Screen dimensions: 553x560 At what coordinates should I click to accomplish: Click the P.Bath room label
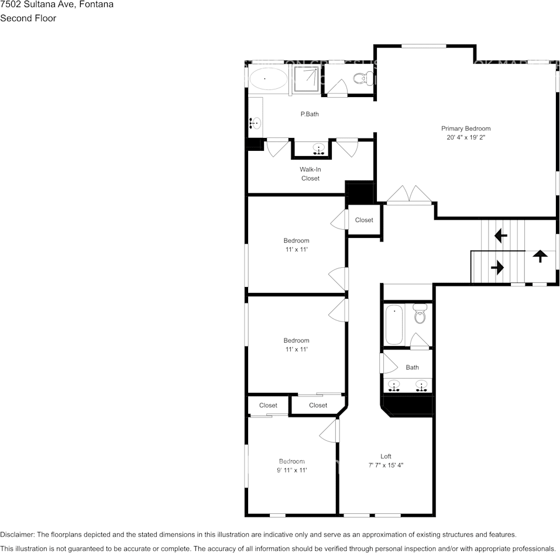click(x=310, y=115)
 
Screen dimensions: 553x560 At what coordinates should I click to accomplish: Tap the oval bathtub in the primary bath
click(x=268, y=78)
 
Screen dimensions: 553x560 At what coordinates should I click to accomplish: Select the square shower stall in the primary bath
click(x=306, y=78)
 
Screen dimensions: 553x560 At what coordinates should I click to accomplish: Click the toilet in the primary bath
click(x=363, y=78)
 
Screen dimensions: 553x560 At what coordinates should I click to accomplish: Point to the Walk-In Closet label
click(x=310, y=174)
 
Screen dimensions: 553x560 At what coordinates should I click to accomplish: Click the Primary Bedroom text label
click(x=466, y=129)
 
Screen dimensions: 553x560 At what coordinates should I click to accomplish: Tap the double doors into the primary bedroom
click(x=410, y=195)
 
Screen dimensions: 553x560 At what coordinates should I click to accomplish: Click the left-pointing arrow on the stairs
click(x=501, y=236)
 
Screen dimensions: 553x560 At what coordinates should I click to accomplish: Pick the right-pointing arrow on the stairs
click(x=497, y=268)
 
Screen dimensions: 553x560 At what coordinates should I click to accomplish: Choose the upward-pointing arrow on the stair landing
click(x=540, y=256)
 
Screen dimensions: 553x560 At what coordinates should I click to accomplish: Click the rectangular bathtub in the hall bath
click(x=394, y=325)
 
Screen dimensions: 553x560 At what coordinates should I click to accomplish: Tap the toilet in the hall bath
click(x=420, y=314)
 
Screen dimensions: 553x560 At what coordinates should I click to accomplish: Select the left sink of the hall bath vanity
click(x=394, y=386)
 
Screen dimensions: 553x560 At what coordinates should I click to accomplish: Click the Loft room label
click(x=386, y=457)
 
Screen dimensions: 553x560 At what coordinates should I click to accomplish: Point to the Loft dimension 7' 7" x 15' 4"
click(x=386, y=466)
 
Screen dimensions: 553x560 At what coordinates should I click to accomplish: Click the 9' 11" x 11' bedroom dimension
click(x=291, y=470)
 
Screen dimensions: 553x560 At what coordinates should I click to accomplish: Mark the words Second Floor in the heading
click(x=28, y=18)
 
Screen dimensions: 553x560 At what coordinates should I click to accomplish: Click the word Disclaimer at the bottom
click(x=17, y=534)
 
